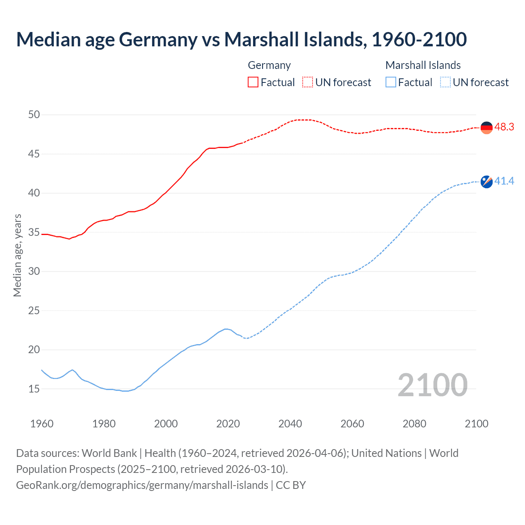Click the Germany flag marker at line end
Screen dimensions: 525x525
[486, 128]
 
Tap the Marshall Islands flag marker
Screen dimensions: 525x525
[486, 181]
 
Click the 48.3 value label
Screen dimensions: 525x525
[504, 127]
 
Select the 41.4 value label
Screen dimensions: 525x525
[504, 181]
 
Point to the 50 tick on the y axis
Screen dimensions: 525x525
[34, 115]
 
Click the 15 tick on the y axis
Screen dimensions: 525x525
[34, 389]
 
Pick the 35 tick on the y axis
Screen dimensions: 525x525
[34, 233]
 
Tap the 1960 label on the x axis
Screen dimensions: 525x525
[42, 424]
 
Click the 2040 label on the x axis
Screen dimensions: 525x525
[290, 424]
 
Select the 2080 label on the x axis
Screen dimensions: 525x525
[414, 424]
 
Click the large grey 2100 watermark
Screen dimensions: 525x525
[432, 385]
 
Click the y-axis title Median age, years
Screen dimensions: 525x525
[17, 255]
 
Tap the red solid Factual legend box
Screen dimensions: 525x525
[253, 82]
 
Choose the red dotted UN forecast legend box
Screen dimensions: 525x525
[308, 82]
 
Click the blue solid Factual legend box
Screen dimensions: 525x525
[391, 82]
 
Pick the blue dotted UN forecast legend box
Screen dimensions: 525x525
[445, 82]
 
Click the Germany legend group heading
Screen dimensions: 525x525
[269, 65]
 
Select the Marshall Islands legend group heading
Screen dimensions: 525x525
[423, 65]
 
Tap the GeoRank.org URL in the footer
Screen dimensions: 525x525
[142, 485]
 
